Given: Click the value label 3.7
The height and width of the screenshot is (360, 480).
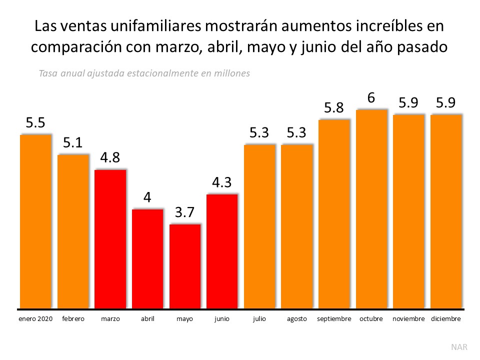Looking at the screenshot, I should point(184,212).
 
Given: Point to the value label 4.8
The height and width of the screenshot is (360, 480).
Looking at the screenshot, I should point(110,158).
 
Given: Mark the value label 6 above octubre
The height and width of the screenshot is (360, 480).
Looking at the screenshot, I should point(371,98).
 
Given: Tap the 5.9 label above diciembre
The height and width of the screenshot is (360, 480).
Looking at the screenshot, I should point(446,103).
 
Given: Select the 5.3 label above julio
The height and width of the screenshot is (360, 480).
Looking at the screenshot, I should point(259,133).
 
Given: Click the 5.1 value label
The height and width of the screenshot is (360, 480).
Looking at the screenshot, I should point(73,143).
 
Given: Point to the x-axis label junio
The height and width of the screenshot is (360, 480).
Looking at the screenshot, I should point(222,318).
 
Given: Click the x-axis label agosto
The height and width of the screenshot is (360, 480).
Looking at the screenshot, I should point(296,318).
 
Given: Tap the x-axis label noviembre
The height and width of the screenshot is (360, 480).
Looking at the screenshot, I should point(408,318).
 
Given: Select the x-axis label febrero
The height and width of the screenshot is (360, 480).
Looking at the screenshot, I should point(73,318).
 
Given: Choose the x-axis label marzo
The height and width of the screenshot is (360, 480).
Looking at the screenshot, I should point(110,318).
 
